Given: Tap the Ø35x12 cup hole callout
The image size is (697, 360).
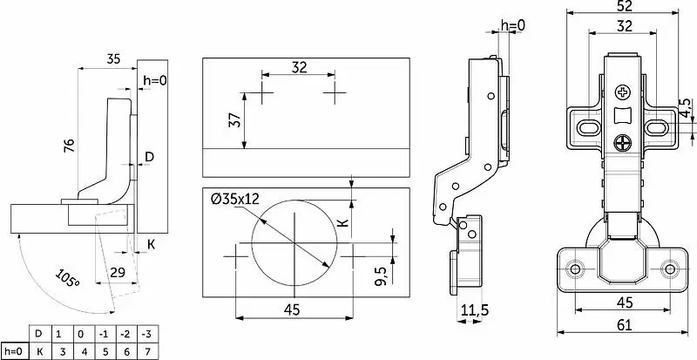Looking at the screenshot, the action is (x=234, y=199).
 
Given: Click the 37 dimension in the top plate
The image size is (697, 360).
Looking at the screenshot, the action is (x=235, y=119).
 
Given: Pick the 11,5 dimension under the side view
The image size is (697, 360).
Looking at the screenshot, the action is (x=473, y=309).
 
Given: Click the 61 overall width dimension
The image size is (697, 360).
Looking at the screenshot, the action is (x=625, y=325).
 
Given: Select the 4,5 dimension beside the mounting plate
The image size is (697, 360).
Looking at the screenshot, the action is (x=686, y=108).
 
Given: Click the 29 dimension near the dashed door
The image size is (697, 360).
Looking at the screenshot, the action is (x=118, y=272).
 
